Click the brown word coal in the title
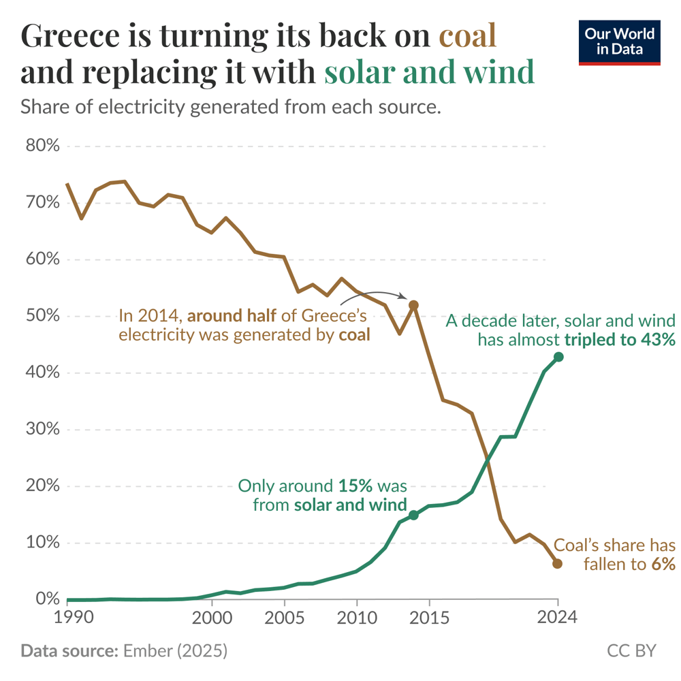coord(468,36)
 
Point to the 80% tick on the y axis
coord(42,146)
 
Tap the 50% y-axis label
coord(42,317)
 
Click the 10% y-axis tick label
coord(42,543)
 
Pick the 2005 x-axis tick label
coord(283,618)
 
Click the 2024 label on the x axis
coord(557,618)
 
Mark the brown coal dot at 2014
coord(413,305)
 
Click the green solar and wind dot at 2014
coord(413,515)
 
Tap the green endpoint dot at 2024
coord(558,357)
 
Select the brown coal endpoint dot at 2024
coord(557,563)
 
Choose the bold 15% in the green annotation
coord(355,486)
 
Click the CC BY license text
coord(631,651)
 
